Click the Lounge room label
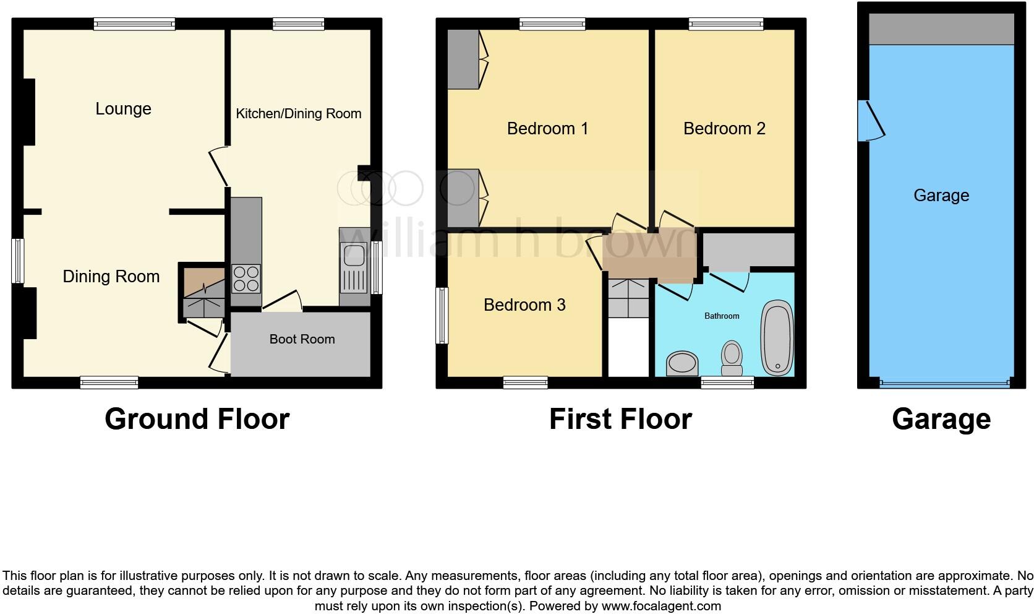(123, 109)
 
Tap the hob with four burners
(246, 278)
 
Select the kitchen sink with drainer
(354, 267)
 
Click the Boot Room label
(302, 339)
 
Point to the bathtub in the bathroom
(777, 338)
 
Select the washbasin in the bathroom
(682, 364)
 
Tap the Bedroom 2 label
(724, 129)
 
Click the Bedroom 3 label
(524, 305)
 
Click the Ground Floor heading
(197, 419)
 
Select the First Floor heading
(620, 419)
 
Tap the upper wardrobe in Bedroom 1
(463, 59)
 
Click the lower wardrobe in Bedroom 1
(463, 197)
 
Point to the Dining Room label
(111, 277)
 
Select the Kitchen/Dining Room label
(299, 114)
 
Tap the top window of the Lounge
(134, 24)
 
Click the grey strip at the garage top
(941, 29)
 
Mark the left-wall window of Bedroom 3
(442, 315)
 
